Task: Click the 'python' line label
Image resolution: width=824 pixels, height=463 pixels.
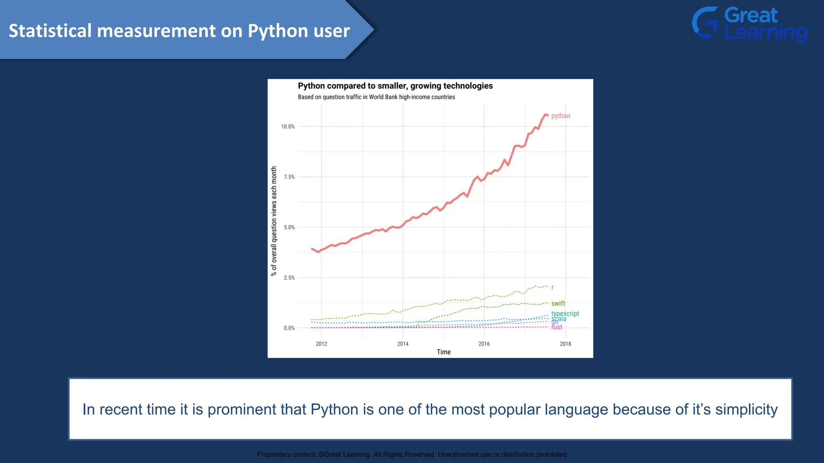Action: [560, 116]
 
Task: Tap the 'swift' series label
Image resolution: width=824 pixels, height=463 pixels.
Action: [558, 303]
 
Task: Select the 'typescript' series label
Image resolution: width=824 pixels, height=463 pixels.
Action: [565, 313]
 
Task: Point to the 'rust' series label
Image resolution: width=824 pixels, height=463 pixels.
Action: [557, 327]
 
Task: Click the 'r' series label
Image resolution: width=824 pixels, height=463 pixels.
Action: [552, 287]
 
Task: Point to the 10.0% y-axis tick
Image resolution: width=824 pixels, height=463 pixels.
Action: [288, 127]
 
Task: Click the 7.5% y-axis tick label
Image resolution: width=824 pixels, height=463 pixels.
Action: [289, 177]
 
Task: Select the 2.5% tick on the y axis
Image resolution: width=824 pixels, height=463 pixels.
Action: [289, 278]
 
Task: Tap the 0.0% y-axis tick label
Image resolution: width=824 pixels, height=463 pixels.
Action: [289, 328]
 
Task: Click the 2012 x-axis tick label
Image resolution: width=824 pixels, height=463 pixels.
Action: [321, 344]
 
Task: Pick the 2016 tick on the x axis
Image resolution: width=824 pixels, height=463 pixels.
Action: [484, 344]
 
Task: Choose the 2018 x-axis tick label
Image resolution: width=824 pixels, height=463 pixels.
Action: [565, 344]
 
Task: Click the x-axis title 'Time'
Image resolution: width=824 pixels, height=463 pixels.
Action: [444, 352]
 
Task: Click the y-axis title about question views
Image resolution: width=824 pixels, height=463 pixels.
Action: [274, 221]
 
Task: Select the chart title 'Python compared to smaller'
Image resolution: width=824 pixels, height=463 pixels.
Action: [395, 86]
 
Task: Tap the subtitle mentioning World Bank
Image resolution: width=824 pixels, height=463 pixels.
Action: [376, 97]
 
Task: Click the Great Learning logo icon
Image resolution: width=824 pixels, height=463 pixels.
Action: [705, 23]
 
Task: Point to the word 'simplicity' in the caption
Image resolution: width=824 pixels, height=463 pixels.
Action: [746, 409]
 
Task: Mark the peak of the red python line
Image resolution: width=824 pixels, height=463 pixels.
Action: [546, 115]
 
